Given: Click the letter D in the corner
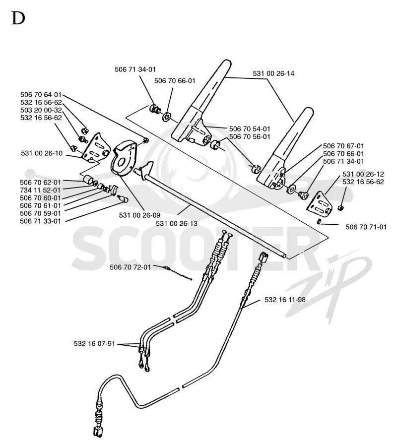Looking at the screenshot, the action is pyautogui.click(x=18, y=18).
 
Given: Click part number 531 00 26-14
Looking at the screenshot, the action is pyautogui.click(x=273, y=73).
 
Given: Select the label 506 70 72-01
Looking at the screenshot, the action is pyautogui.click(x=130, y=267).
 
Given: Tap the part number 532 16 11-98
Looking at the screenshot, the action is pyautogui.click(x=285, y=300).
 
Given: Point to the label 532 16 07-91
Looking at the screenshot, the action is pyautogui.click(x=94, y=343).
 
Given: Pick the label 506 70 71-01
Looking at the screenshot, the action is pyautogui.click(x=366, y=227).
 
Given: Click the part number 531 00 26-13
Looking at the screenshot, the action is pyautogui.click(x=177, y=223).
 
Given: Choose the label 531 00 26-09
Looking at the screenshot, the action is pyautogui.click(x=140, y=215).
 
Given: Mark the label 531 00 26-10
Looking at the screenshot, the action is pyautogui.click(x=42, y=153).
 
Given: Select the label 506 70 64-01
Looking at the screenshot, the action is pyautogui.click(x=41, y=95).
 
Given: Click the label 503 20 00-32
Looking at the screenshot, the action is pyautogui.click(x=41, y=110).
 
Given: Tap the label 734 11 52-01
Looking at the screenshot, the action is pyautogui.click(x=40, y=190).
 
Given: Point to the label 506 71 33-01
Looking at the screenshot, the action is pyautogui.click(x=40, y=221).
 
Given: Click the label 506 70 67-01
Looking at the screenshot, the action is pyautogui.click(x=344, y=146).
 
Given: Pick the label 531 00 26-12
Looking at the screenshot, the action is pyautogui.click(x=363, y=174).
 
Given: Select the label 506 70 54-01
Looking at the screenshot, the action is pyautogui.click(x=250, y=129).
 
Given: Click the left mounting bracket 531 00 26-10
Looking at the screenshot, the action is pyautogui.click(x=96, y=148).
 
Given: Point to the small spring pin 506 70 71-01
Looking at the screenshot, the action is pyautogui.click(x=320, y=221).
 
